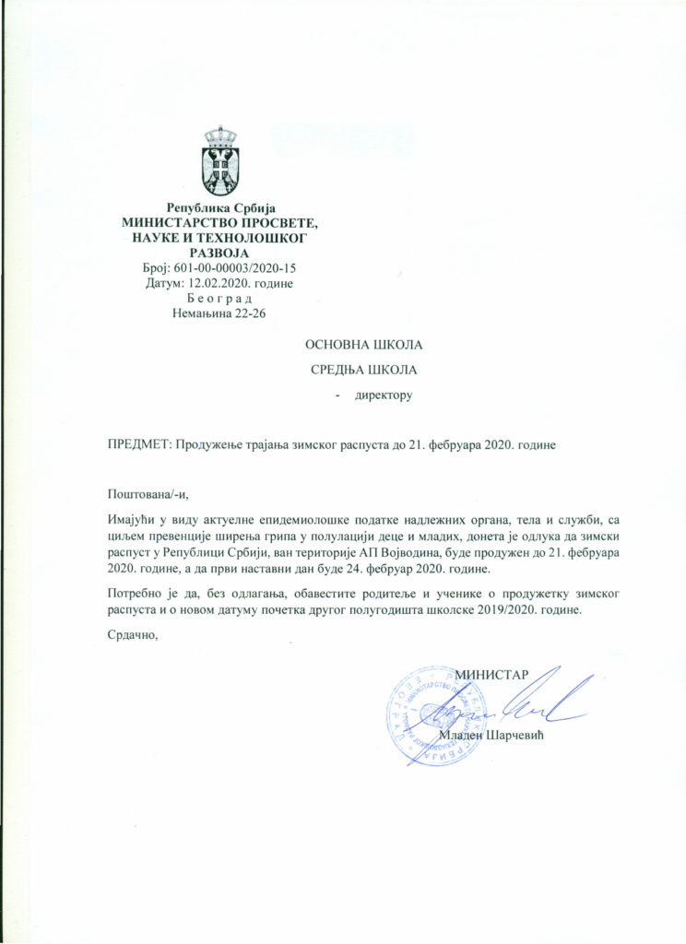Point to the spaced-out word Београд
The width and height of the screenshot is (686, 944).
pyautogui.click(x=219, y=299)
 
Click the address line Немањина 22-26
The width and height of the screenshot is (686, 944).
pyautogui.click(x=219, y=313)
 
